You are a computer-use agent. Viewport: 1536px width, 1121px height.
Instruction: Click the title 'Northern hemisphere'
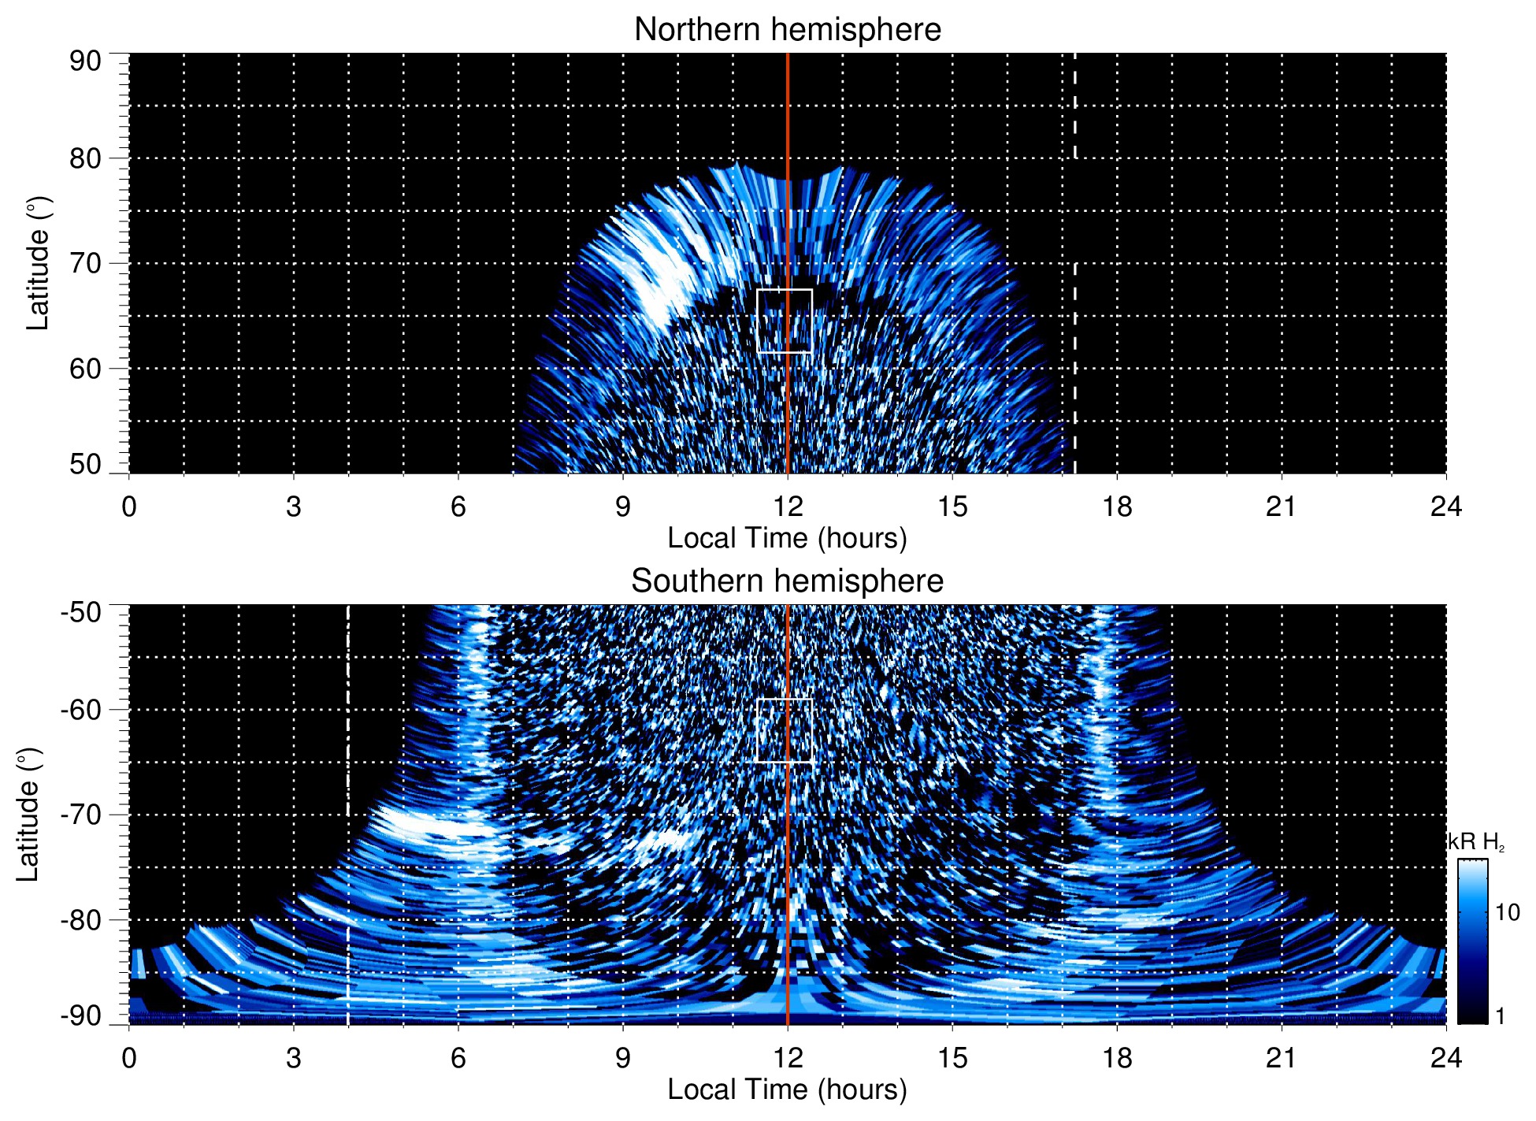pyautogui.click(x=787, y=30)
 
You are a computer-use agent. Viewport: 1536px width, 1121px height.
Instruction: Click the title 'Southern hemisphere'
pyautogui.click(x=787, y=581)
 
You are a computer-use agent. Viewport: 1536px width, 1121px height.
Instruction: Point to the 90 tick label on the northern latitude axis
pyautogui.click(x=85, y=61)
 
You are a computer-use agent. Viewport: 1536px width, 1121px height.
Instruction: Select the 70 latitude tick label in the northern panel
pyautogui.click(x=85, y=263)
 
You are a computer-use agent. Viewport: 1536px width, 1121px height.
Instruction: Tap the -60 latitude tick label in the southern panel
pyautogui.click(x=81, y=709)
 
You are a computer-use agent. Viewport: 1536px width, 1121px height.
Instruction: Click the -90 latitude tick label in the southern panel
pyautogui.click(x=81, y=1015)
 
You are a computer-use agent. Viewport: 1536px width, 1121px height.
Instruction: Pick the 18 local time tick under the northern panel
pyautogui.click(x=1116, y=506)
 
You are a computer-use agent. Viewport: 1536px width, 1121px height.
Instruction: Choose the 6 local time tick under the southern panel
pyautogui.click(x=458, y=1057)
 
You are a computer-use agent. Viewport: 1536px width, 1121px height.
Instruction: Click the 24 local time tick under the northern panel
pyautogui.click(x=1445, y=506)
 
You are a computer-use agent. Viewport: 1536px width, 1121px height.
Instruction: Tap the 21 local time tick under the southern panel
pyautogui.click(x=1281, y=1057)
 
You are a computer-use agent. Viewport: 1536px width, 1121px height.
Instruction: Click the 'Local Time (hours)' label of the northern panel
pyautogui.click(x=787, y=538)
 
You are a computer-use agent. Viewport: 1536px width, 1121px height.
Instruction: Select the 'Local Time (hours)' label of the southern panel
pyautogui.click(x=787, y=1089)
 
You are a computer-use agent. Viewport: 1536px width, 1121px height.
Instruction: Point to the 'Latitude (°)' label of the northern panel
pyautogui.click(x=38, y=263)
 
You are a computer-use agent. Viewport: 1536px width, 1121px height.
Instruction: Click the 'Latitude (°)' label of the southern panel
pyautogui.click(x=28, y=815)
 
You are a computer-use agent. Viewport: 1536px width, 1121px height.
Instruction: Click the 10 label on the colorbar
pyautogui.click(x=1507, y=912)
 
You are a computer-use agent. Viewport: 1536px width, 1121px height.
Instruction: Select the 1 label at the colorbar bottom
pyautogui.click(x=1500, y=1015)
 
